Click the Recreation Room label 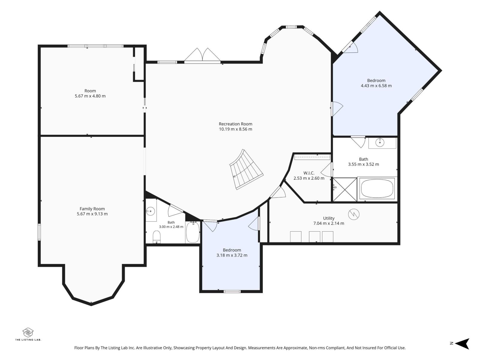point(235,124)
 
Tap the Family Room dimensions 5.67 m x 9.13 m point(92,214)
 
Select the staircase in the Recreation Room point(246,169)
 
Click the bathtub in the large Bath point(377,188)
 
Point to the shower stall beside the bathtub point(345,189)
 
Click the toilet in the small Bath point(156,237)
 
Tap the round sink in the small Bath point(151,211)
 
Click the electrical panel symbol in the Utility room point(354,214)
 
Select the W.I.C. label point(309,173)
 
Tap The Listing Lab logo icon point(28,333)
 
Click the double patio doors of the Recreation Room point(202,56)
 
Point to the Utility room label point(329,218)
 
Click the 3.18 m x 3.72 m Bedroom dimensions point(232,255)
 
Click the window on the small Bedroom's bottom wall point(232,291)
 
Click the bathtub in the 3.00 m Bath point(193,232)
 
